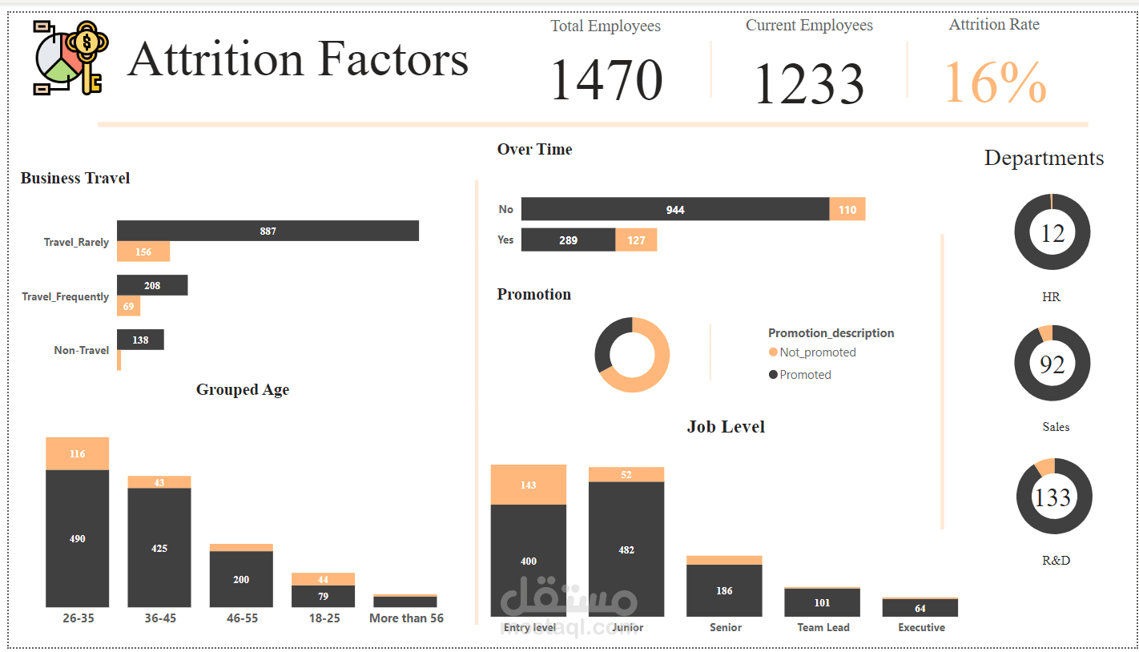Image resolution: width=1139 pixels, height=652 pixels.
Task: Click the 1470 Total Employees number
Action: click(606, 81)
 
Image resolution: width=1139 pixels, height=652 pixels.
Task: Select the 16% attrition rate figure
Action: click(996, 82)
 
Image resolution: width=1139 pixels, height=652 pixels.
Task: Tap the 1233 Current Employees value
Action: click(809, 83)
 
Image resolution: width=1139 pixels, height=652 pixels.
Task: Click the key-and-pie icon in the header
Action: click(71, 58)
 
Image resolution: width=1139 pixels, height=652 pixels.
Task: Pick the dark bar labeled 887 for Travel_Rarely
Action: click(268, 231)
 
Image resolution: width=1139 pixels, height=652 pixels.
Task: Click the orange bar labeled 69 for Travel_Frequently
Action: click(128, 305)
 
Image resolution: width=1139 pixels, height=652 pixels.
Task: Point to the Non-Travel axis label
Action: click(81, 350)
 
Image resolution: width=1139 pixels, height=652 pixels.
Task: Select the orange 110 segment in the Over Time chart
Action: click(847, 210)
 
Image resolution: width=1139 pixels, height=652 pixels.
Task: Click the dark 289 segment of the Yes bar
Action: click(568, 239)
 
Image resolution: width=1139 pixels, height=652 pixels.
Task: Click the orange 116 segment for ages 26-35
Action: click(78, 453)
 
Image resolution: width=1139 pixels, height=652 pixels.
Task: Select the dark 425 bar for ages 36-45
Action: click(159, 548)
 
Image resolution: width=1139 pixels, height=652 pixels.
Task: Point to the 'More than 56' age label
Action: click(406, 618)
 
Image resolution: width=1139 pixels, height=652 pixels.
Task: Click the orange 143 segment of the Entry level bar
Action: click(528, 485)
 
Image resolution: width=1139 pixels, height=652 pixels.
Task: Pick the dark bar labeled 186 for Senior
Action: click(724, 590)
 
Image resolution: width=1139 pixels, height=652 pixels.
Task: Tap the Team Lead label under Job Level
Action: click(823, 627)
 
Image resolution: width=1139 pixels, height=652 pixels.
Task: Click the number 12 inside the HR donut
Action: click(1052, 233)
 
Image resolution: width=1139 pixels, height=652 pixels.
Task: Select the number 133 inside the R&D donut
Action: click(1052, 497)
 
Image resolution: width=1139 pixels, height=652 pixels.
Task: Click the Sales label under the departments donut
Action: click(1056, 427)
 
